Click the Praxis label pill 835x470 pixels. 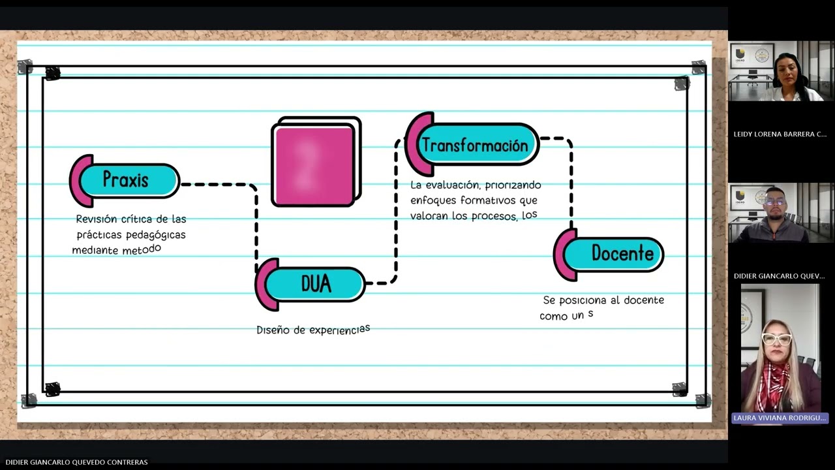point(129,181)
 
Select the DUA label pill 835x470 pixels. point(314,284)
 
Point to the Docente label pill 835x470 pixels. point(614,255)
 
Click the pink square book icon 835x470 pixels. point(316,162)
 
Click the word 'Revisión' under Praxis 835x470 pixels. point(97,219)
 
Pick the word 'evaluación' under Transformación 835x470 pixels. point(453,185)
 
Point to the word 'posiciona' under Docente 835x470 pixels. point(583,301)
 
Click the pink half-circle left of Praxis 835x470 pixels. point(80,181)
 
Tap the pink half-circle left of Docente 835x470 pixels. point(564,255)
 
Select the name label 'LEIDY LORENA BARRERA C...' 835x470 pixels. point(780,134)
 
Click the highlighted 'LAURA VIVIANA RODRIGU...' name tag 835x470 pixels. point(780,418)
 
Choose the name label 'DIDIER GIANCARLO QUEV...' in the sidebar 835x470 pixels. point(779,276)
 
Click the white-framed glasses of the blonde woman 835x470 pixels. point(777,339)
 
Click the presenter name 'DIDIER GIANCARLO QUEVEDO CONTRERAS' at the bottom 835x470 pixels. point(76,462)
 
